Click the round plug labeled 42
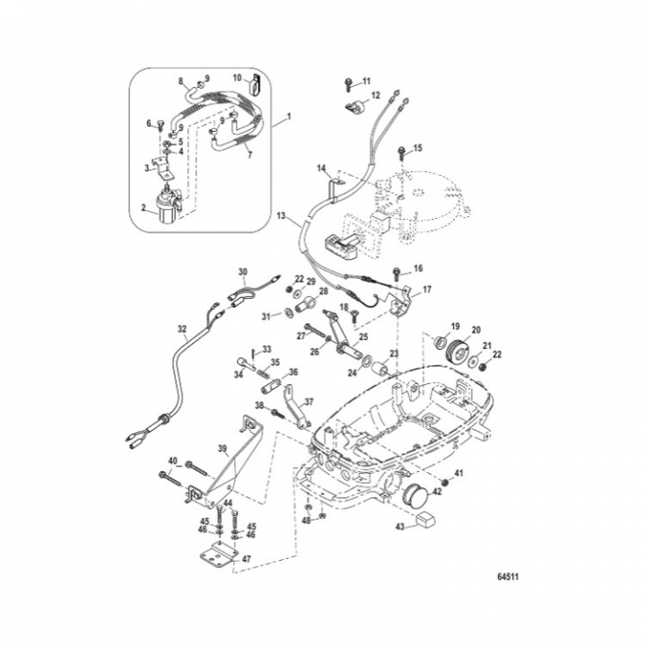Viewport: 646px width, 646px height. coord(415,494)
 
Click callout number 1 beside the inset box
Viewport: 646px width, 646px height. coord(289,118)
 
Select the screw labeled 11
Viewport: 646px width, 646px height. coord(347,84)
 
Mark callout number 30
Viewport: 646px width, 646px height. coord(240,271)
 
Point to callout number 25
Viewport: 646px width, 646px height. coord(364,337)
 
